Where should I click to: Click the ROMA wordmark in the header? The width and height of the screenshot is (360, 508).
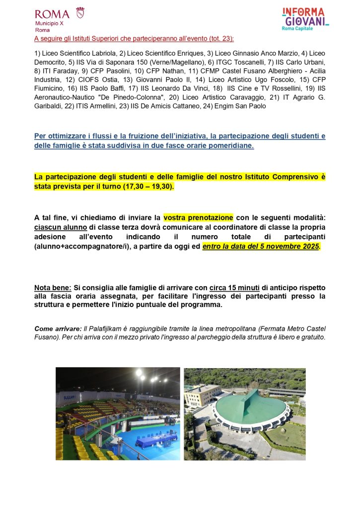(52, 13)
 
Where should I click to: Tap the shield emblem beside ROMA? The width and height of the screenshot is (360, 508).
(80, 12)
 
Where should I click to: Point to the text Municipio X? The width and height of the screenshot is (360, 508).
(49, 24)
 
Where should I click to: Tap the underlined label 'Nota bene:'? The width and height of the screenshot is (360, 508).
(53, 287)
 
